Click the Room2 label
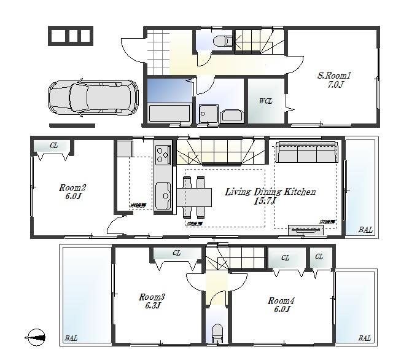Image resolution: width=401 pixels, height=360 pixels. [72, 187]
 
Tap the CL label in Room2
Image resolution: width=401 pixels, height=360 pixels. [53, 146]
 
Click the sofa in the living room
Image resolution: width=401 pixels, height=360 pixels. [306, 152]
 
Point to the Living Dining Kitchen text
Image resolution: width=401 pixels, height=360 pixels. [270, 192]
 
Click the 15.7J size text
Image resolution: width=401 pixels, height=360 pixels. [266, 201]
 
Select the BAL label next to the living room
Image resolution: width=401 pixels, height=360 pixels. [365, 230]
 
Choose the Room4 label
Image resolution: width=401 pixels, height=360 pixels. [281, 300]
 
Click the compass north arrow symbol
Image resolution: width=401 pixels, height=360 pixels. [36, 337]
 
